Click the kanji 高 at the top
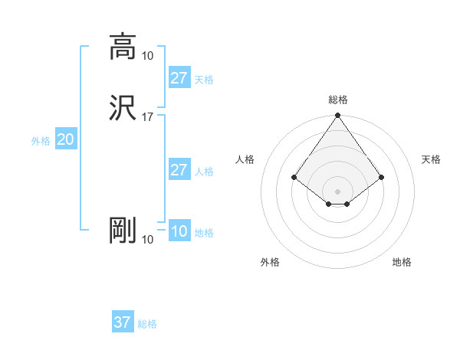click(x=123, y=46)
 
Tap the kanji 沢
click(x=123, y=108)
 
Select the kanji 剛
click(x=123, y=230)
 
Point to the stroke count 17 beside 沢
click(x=148, y=117)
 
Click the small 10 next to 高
click(x=148, y=55)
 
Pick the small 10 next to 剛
click(x=148, y=240)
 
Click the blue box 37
click(x=122, y=322)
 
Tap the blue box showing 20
click(x=66, y=139)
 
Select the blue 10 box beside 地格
click(x=179, y=231)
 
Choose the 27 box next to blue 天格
click(x=179, y=78)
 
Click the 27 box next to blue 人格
click(x=179, y=170)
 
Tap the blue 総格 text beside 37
click(x=147, y=324)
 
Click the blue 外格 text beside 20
click(x=41, y=141)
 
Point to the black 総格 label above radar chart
click(x=338, y=100)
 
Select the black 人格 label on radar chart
click(x=245, y=159)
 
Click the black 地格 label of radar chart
click(x=402, y=262)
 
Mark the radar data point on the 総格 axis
click(x=338, y=116)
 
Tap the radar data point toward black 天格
click(x=382, y=177)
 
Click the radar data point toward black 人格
click(x=294, y=177)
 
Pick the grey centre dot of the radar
click(x=338, y=191)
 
